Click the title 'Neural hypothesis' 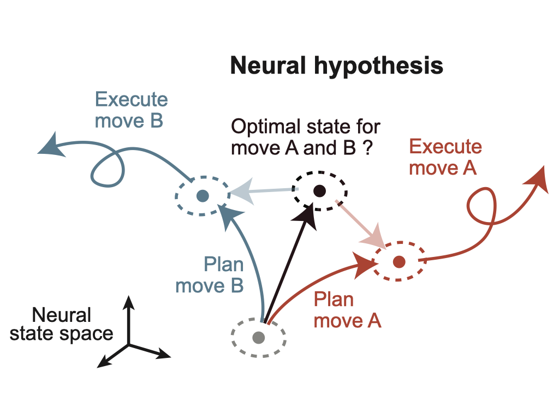[336, 66]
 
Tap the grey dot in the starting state [259, 337]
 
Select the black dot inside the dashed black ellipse [320, 190]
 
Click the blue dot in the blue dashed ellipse [203, 195]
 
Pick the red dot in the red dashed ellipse [399, 261]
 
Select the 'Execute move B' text [131, 110]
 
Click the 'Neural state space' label [61, 324]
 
